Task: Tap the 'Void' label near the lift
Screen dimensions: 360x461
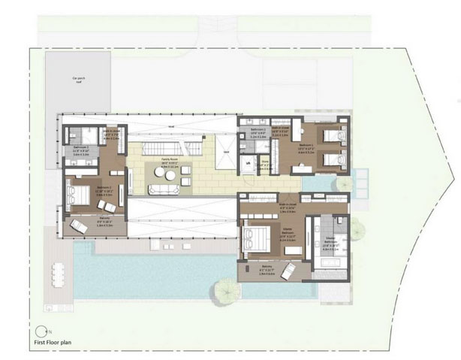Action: (226, 152)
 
